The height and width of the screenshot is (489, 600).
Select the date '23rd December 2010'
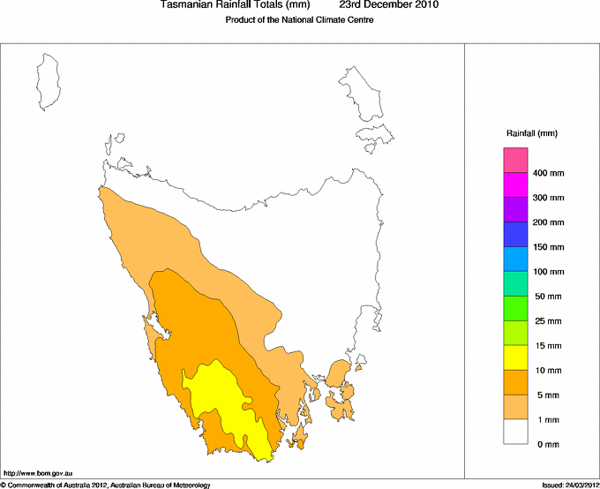(x=388, y=5)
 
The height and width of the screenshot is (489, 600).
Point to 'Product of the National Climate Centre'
(x=300, y=20)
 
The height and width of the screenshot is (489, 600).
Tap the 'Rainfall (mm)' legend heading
(x=532, y=133)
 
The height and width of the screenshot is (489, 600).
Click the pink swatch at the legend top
(x=515, y=160)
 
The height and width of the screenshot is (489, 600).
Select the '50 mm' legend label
(x=547, y=297)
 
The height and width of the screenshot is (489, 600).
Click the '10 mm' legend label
(x=547, y=371)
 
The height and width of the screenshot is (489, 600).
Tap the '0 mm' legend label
(x=547, y=445)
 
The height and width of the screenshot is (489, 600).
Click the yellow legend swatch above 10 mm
(x=515, y=357)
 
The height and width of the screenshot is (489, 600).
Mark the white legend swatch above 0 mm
(x=515, y=432)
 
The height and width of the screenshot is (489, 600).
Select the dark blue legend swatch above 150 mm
(x=515, y=234)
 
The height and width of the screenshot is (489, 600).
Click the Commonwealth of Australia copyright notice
(x=106, y=485)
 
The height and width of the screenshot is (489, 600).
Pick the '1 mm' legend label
(x=547, y=420)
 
